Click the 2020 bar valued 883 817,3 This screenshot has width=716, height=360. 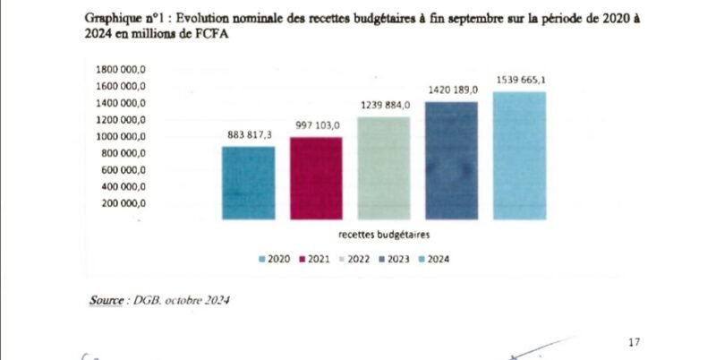pyautogui.click(x=248, y=183)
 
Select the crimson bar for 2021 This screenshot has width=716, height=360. pyautogui.click(x=316, y=178)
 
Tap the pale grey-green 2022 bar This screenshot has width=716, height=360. pyautogui.click(x=384, y=167)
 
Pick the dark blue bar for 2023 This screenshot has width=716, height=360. pyautogui.click(x=452, y=160)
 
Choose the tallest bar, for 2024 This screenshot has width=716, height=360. pyautogui.click(x=519, y=155)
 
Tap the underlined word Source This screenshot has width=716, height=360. pyautogui.click(x=107, y=300)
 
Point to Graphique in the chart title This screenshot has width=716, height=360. pyautogui.click(x=111, y=18)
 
